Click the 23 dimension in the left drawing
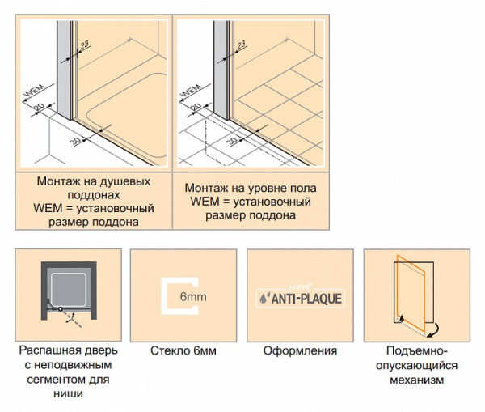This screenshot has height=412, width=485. coord(84,45)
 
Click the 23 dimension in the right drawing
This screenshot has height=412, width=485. coord(241,45)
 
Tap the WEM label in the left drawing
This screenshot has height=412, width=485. coord(34,90)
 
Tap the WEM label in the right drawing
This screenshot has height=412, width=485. coord(191,90)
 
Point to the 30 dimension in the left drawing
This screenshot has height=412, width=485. coord(75,142)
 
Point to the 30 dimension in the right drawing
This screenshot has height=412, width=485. coord(232,142)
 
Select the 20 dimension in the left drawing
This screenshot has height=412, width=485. coord(40,107)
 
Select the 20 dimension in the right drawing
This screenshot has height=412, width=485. coord(196,107)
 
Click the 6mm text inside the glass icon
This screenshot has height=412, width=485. coord(193,297)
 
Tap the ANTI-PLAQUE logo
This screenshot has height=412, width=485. coord(300,299)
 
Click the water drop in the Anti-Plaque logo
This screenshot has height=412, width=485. coord(264,299)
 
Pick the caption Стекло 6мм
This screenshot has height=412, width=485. coord(183,350)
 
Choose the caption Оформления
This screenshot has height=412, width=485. coord(300,350)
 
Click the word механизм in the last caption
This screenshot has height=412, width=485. coord(416,380)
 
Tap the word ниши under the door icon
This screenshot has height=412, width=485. coord(69,393)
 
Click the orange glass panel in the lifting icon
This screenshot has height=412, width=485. coord(411,293)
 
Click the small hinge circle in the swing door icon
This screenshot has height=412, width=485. coord(61,309)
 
